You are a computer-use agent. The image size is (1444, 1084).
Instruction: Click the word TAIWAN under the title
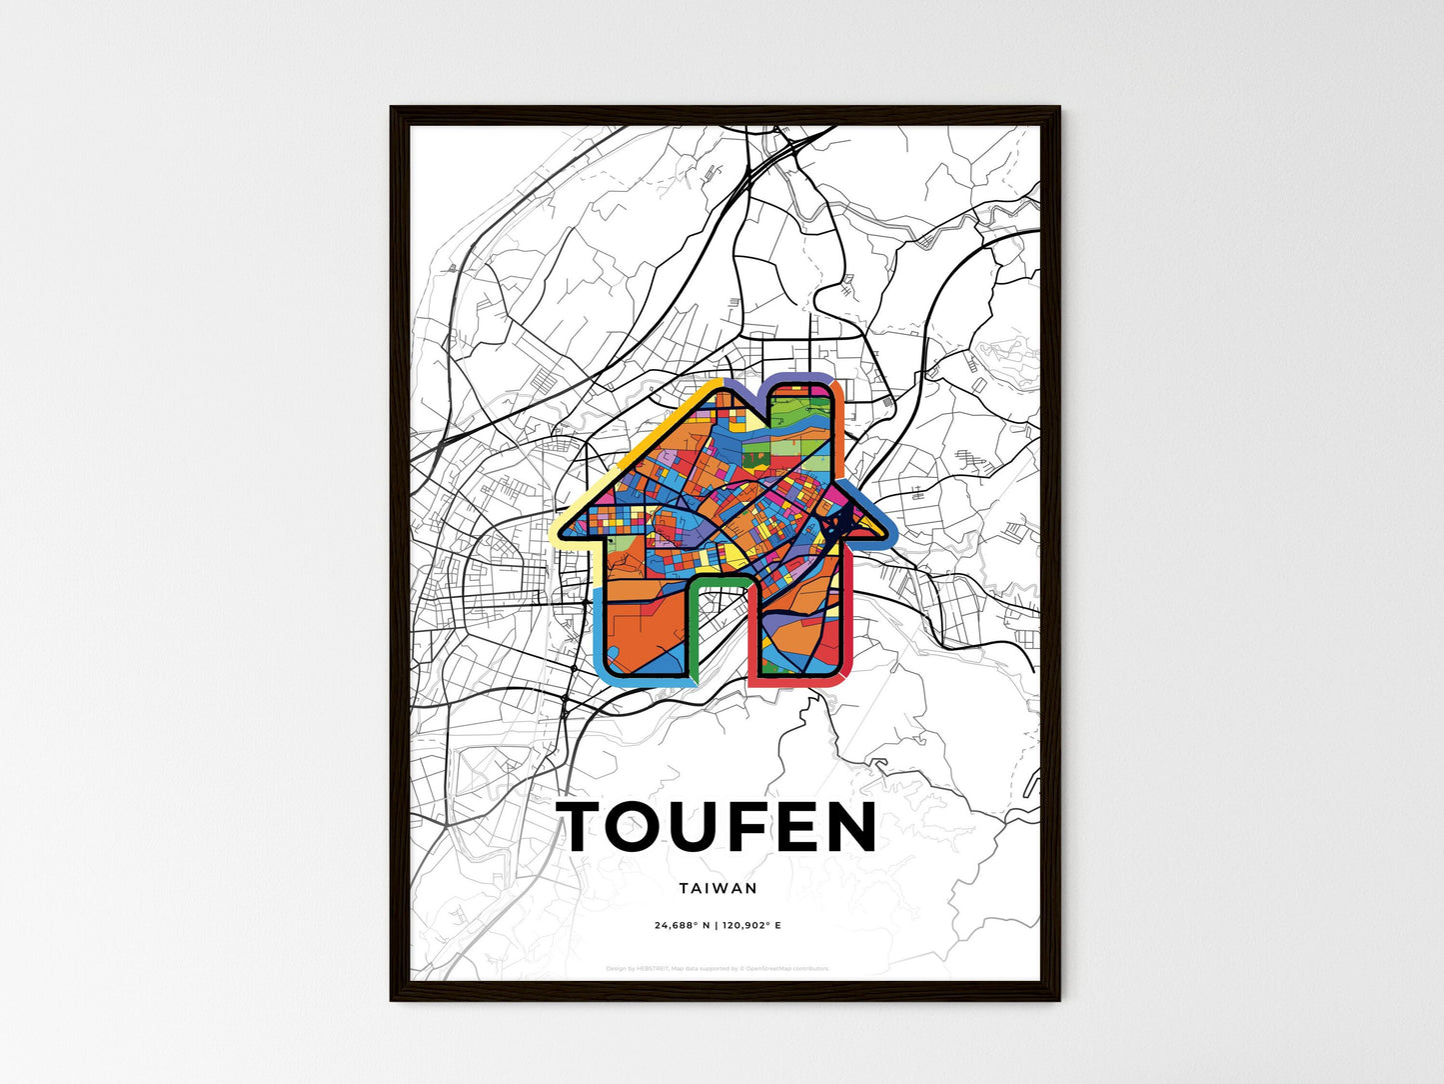(718, 888)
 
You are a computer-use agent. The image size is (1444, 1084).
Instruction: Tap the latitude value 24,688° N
(683, 926)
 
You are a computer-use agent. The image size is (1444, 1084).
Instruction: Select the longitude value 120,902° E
(750, 926)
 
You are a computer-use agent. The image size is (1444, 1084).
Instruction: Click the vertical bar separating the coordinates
(717, 926)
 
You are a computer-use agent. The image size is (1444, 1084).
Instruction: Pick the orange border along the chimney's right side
(840, 430)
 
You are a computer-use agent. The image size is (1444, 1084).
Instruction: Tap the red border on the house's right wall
(847, 620)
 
